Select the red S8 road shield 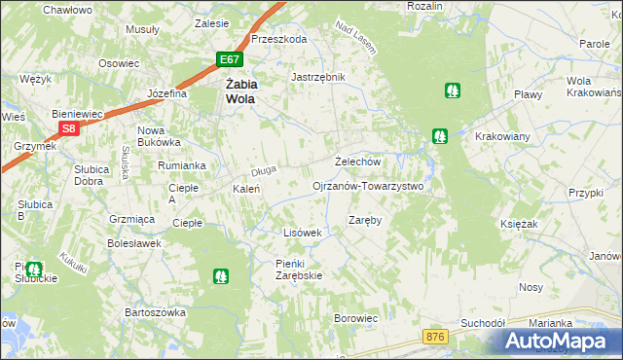click(67, 128)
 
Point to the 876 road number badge click(436, 336)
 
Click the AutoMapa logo click(556, 341)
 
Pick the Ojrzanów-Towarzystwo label click(367, 185)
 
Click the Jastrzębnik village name click(318, 76)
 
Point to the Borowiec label click(355, 318)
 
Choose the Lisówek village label click(302, 233)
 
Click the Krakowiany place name click(500, 135)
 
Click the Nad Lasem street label click(355, 36)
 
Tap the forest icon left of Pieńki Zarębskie click(221, 276)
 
